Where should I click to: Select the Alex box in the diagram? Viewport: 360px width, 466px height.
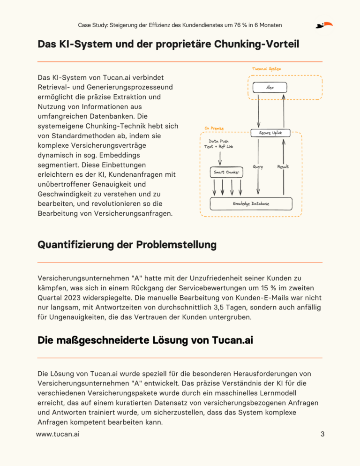coord(270,88)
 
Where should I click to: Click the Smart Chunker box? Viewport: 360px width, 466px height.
coord(227,173)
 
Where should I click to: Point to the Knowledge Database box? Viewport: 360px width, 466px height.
coord(251,204)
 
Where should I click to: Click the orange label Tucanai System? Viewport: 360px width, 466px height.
coord(266,69)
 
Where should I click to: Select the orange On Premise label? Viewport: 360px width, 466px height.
coord(214,128)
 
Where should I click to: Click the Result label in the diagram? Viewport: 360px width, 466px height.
coord(283,166)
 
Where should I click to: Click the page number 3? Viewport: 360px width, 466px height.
coord(322,434)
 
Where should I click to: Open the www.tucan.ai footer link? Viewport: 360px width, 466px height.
coord(58,434)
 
